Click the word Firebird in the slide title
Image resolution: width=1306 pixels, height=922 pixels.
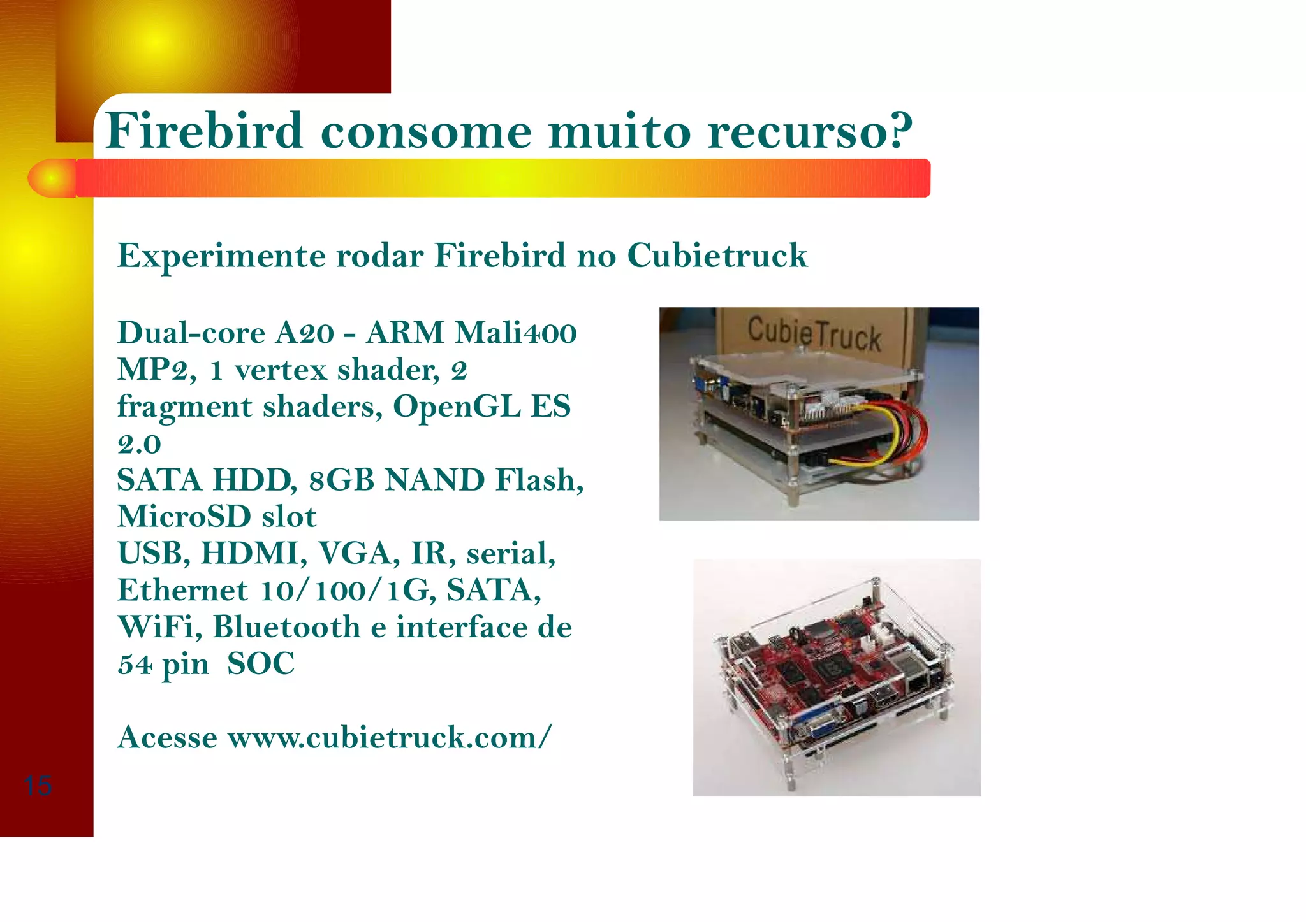203,131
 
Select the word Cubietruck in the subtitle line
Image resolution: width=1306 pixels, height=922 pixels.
717,256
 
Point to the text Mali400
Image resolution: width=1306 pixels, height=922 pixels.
515,333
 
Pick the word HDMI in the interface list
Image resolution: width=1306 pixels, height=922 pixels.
253,554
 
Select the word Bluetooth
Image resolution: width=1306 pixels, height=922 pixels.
286,628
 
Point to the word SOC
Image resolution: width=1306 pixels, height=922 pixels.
261,664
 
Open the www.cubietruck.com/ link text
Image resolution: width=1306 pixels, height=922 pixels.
389,738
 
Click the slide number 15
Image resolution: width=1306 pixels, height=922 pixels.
38,786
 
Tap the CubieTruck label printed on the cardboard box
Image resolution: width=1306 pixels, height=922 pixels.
814,334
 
